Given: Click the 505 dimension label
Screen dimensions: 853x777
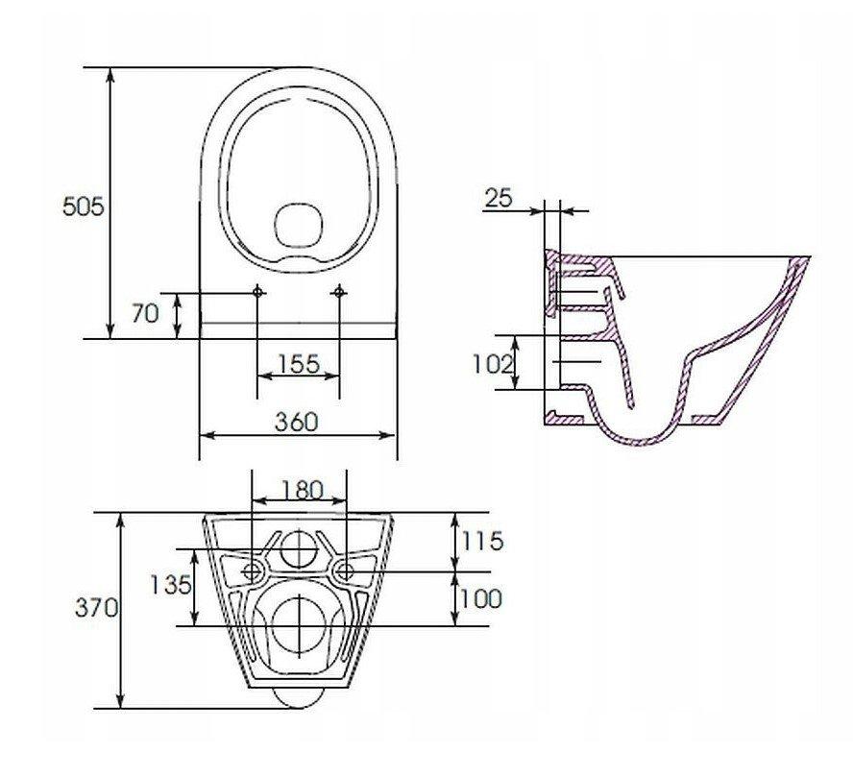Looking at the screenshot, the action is click(x=83, y=207).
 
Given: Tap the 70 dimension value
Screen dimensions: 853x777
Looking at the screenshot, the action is click(x=145, y=314).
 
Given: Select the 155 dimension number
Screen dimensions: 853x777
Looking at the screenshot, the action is click(x=298, y=364).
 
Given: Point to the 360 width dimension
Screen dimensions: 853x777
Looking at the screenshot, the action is click(x=296, y=422).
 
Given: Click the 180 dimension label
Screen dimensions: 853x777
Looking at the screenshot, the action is click(x=303, y=491).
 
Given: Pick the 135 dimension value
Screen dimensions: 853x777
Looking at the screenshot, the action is click(x=170, y=585).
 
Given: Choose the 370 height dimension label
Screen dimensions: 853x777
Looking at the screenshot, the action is click(x=96, y=608).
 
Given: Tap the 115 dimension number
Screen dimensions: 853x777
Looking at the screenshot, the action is click(x=482, y=541).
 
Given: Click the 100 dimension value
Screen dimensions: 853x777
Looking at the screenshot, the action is click(x=481, y=598).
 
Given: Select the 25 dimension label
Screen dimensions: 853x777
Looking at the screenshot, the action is click(x=499, y=199).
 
